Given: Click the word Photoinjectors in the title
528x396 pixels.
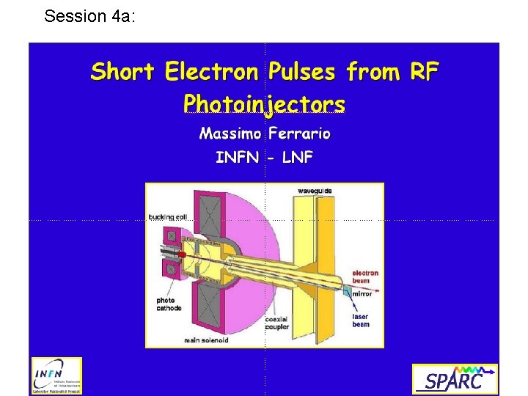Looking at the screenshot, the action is [x=264, y=103].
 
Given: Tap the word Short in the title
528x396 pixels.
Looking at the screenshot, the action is [x=122, y=72].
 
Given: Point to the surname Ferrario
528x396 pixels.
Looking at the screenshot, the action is [x=300, y=134].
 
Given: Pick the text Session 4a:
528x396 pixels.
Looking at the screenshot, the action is [x=89, y=16].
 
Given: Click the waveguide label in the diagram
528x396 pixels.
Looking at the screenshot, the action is [x=315, y=191].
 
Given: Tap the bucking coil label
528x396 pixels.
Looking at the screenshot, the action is [x=168, y=216].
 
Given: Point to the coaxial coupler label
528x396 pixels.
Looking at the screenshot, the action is [x=277, y=323].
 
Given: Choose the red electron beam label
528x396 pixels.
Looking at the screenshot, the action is [x=365, y=277].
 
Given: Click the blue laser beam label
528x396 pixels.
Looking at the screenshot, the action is [x=362, y=321].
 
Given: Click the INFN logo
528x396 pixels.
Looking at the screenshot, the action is [x=56, y=376].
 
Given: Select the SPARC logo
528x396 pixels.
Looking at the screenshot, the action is [x=455, y=379].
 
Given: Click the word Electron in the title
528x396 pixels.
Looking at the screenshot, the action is [x=212, y=72].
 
